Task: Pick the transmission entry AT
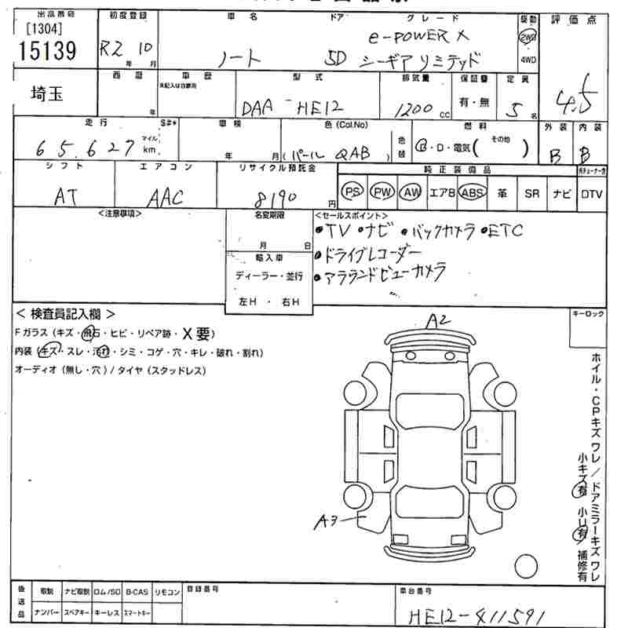coord(65,197)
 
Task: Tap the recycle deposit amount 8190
coord(276,195)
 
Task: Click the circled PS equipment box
coord(353,192)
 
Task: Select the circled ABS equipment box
coord(472,192)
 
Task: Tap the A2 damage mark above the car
coord(438,320)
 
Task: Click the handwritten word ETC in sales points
coord(515,232)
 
